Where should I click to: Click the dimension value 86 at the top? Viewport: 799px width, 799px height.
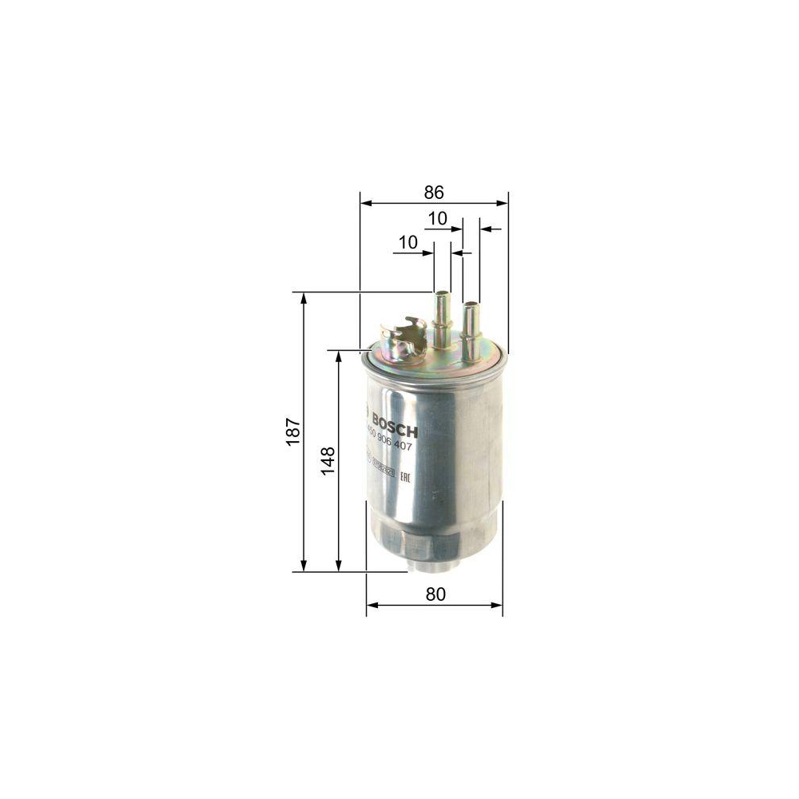(x=434, y=193)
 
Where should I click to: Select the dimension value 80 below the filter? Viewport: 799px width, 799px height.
(x=435, y=594)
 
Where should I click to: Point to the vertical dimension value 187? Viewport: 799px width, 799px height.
(x=292, y=431)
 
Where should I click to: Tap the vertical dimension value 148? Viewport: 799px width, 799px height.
(x=328, y=461)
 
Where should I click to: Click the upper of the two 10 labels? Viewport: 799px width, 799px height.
(x=437, y=218)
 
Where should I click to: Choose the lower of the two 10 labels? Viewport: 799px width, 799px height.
(x=407, y=242)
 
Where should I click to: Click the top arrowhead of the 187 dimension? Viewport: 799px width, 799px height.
(x=304, y=297)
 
